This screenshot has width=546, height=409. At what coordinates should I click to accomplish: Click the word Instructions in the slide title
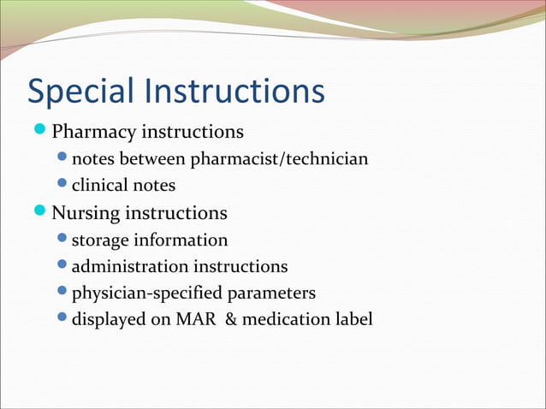[x=236, y=92]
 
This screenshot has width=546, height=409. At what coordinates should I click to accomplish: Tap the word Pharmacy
[x=93, y=133]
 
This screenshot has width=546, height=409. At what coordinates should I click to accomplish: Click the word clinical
[x=98, y=185]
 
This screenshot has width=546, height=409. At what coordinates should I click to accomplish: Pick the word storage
[x=101, y=240]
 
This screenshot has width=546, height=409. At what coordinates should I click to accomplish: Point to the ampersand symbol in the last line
[x=231, y=320]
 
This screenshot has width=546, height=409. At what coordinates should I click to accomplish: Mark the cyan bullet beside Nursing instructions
[x=40, y=210]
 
